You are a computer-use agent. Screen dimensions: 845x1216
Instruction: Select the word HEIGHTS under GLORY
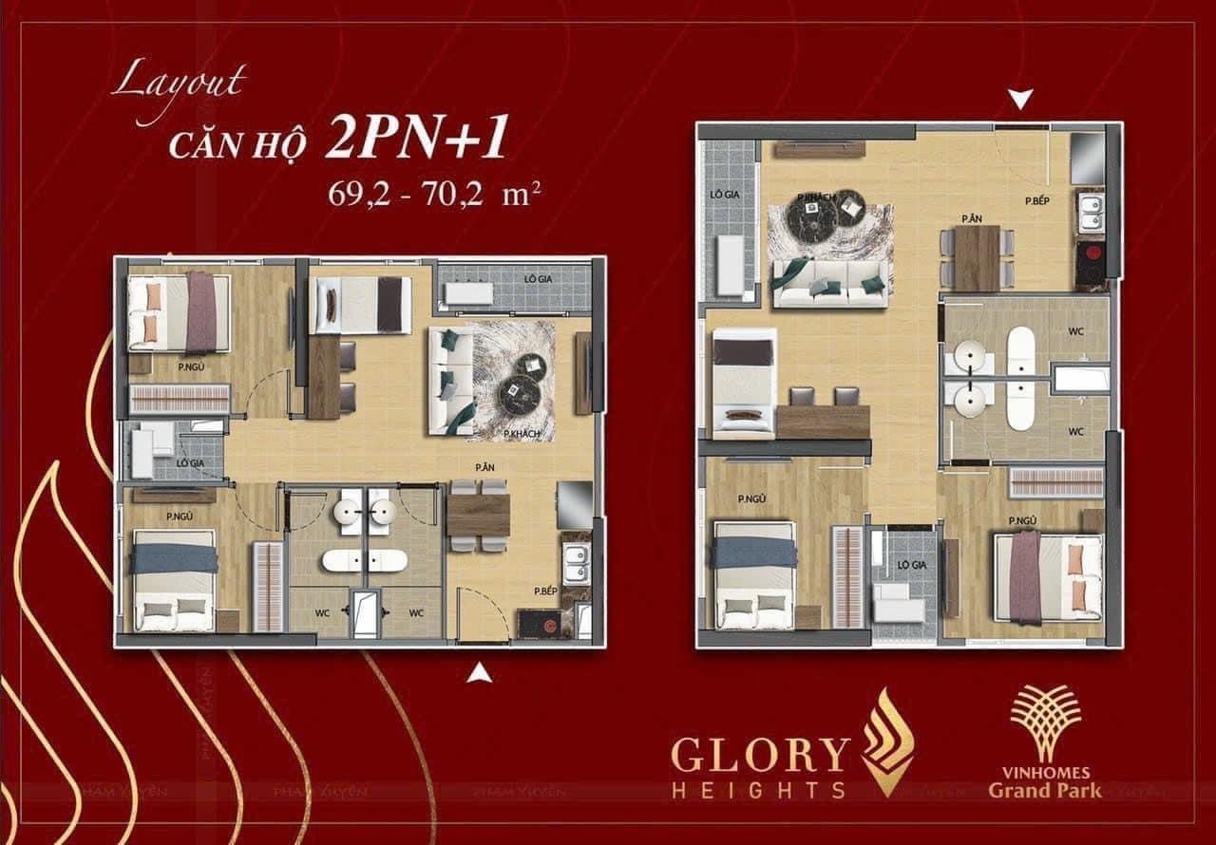click(758, 789)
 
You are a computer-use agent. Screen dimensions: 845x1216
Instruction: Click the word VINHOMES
click(1045, 771)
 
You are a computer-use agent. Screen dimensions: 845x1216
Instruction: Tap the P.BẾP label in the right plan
click(1035, 201)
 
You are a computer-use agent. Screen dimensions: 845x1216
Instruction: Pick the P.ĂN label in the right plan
click(971, 219)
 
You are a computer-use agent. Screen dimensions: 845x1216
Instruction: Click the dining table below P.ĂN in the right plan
click(977, 257)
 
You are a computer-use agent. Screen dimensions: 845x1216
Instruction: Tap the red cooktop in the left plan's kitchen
click(536, 623)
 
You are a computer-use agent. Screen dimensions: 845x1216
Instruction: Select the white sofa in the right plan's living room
click(830, 282)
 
